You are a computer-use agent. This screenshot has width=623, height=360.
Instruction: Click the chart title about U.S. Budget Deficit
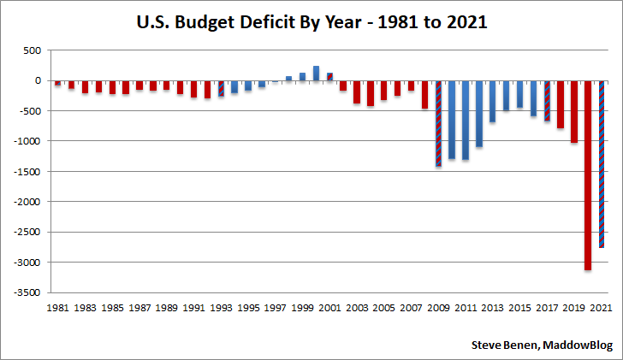point(311,24)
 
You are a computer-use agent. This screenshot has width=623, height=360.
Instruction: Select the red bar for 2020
point(588,175)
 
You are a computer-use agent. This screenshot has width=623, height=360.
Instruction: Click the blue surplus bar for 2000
point(316,74)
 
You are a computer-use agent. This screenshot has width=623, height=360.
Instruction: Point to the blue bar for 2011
point(466,120)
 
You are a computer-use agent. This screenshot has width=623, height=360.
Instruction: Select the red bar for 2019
point(574,111)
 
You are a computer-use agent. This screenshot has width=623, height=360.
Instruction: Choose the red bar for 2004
point(371,93)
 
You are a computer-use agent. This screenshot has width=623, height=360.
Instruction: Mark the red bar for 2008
point(424,94)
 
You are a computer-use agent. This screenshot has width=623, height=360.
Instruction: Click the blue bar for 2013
point(493,101)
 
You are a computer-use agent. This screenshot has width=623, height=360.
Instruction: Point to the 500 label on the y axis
point(32,50)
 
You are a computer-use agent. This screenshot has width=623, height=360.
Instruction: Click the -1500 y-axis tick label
point(27,172)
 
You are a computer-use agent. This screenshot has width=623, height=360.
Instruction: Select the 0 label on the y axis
point(38,80)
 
